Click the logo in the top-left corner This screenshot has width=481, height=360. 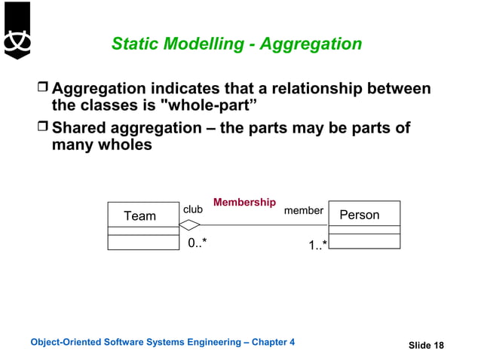(16, 31)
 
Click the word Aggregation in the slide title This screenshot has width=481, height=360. (311, 44)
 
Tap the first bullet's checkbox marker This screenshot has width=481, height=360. (43, 90)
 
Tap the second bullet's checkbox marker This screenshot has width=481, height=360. (43, 128)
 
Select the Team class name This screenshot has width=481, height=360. (139, 216)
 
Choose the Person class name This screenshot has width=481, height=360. (360, 215)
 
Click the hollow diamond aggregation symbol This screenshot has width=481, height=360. (189, 225)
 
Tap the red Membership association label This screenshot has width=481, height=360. (244, 203)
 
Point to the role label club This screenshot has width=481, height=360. (193, 209)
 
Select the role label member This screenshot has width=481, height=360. (304, 211)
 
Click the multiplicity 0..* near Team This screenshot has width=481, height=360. (198, 242)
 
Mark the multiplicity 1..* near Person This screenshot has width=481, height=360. (317, 245)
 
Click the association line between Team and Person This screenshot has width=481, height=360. (264, 225)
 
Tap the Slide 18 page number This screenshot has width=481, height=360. (426, 346)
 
